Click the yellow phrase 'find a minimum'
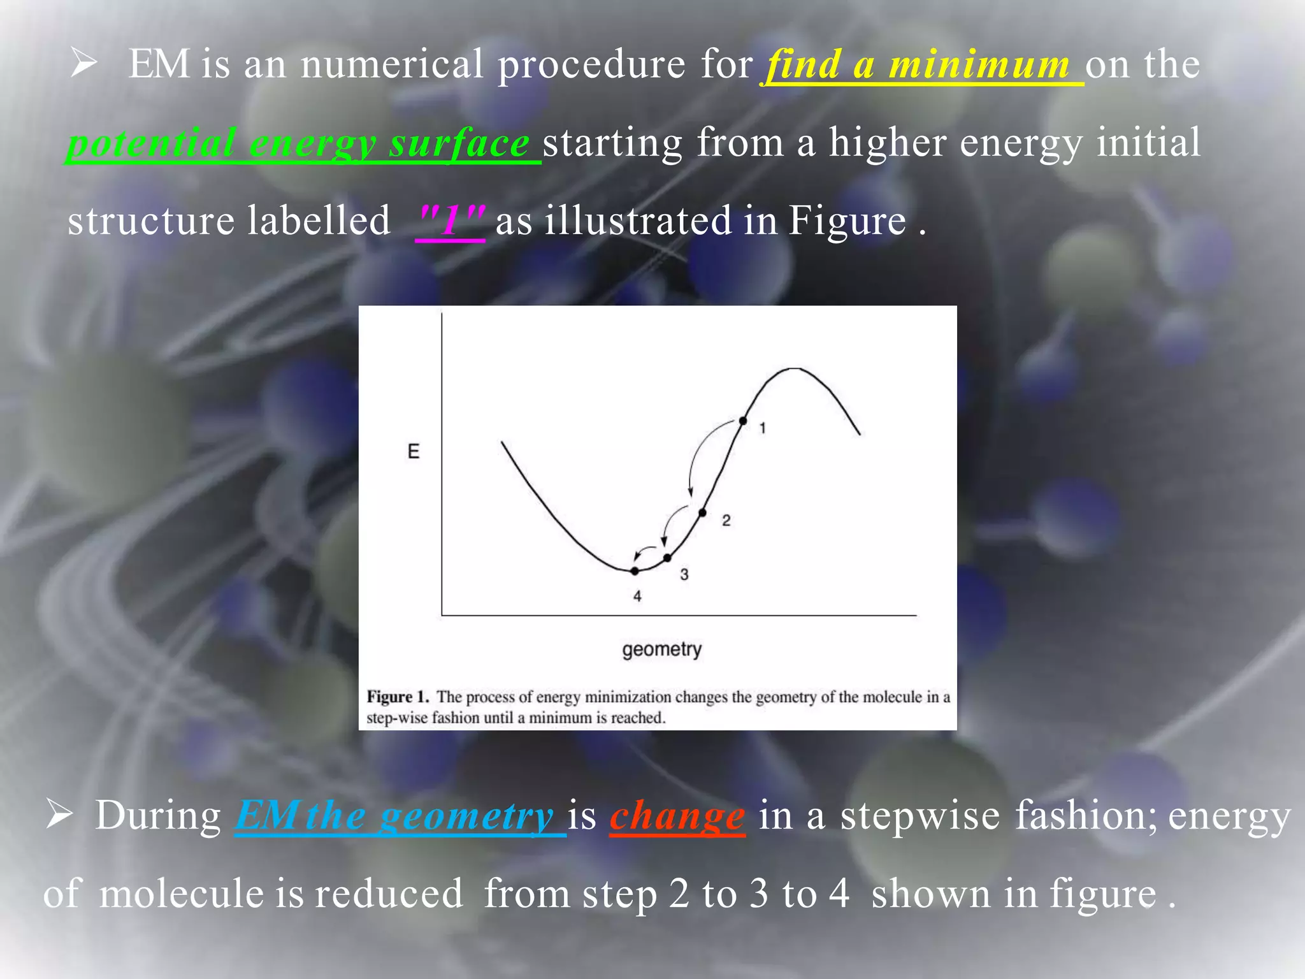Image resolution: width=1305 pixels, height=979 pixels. click(918, 65)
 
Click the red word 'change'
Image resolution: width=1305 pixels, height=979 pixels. click(677, 816)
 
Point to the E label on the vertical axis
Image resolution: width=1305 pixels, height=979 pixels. click(414, 452)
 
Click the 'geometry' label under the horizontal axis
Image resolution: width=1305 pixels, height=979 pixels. click(661, 649)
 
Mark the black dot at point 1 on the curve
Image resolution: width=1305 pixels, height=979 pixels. click(743, 421)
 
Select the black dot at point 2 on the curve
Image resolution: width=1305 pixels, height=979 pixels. click(702, 512)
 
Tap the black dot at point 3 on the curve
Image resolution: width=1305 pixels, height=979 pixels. click(667, 558)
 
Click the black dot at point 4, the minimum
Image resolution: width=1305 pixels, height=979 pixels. click(635, 571)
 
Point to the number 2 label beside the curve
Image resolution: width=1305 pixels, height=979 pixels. click(726, 521)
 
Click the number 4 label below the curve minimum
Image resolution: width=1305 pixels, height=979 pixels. click(637, 597)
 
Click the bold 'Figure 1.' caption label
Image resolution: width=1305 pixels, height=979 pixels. click(398, 697)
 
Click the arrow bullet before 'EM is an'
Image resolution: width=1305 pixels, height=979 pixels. click(83, 64)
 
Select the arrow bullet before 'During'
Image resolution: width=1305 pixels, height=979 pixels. click(59, 815)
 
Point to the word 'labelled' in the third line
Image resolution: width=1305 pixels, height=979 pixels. click(318, 221)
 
